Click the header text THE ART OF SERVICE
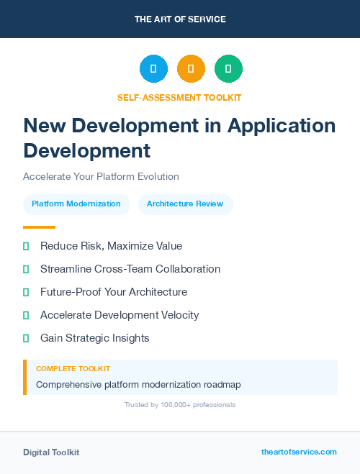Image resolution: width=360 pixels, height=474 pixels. point(180,19)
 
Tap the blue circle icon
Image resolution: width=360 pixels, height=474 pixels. point(153,69)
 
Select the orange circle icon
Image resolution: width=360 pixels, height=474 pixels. point(191,69)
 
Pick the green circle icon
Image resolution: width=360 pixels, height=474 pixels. point(228,69)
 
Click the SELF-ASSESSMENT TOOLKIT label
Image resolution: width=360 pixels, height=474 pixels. point(180,97)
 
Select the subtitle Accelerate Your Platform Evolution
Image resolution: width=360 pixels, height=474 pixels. point(101,176)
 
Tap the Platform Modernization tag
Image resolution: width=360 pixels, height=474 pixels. point(76,204)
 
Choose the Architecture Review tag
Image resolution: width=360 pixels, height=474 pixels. point(185,204)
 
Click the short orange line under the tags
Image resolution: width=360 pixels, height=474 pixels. point(39,227)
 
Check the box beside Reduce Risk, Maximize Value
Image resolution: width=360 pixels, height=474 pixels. point(26,247)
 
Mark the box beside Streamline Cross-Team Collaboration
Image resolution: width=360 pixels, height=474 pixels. point(26,270)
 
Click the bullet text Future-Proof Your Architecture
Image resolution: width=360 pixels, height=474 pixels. point(114,292)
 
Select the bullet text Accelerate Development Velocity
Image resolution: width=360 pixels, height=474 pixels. point(120,315)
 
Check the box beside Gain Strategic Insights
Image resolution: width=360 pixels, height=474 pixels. point(26,338)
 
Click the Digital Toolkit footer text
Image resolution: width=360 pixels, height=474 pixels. point(51,452)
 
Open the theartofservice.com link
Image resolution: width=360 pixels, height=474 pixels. point(299,452)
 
